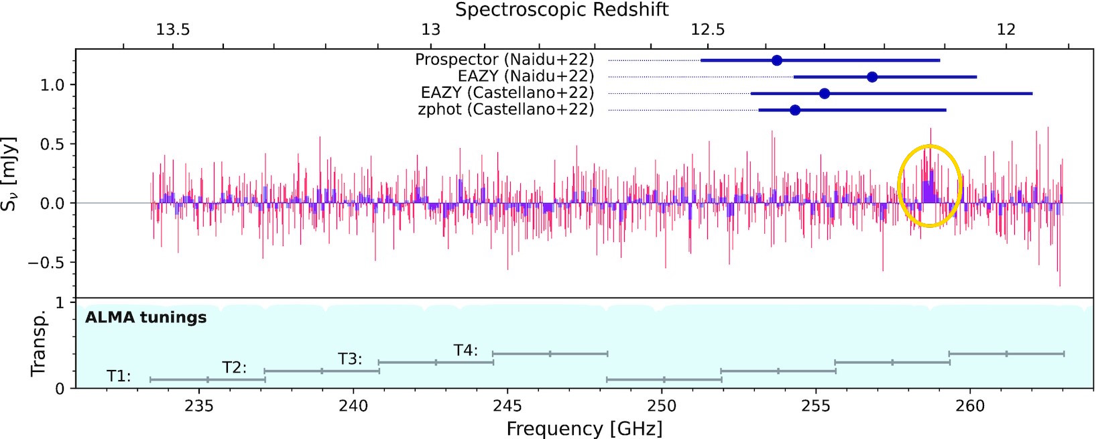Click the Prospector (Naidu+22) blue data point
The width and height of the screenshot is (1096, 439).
click(777, 60)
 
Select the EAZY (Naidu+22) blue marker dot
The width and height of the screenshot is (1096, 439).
click(872, 77)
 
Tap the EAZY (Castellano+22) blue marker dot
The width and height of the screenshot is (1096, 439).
click(825, 93)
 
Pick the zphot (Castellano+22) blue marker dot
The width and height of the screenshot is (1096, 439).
click(795, 110)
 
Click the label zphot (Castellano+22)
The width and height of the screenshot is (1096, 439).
click(505, 109)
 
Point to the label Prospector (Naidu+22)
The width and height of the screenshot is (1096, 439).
click(504, 60)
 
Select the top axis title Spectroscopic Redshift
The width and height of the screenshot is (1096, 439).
click(562, 9)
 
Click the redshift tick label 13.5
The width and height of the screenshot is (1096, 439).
click(173, 29)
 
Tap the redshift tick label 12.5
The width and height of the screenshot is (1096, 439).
click(708, 29)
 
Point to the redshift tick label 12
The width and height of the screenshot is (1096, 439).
click(1006, 29)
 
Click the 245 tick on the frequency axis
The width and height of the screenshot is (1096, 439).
click(507, 405)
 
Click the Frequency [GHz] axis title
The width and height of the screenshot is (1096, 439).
click(584, 428)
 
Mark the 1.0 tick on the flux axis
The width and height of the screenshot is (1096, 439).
click(52, 85)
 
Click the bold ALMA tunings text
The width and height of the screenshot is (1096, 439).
click(145, 317)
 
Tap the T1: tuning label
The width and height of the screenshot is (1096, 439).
click(119, 376)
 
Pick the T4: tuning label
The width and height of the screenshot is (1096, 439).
click(465, 350)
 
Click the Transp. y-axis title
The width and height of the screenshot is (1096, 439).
click(38, 343)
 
